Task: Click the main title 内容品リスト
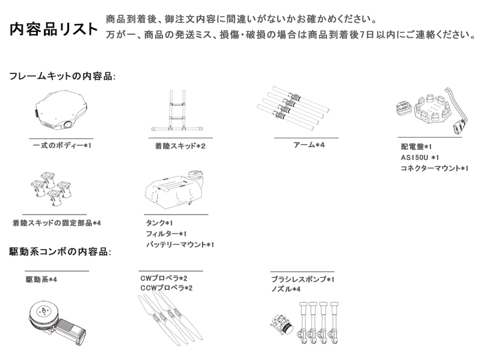tap(54, 29)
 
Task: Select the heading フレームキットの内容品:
tap(63, 76)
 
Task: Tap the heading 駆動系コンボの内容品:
tap(60, 252)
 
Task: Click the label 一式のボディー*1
tap(63, 145)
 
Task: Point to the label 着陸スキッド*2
tap(180, 146)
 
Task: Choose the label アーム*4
tap(308, 145)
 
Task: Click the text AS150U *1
tap(420, 157)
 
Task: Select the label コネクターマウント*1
tap(434, 168)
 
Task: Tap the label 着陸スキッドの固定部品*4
tap(57, 223)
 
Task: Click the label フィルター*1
tap(166, 234)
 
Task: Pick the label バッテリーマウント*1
tap(180, 245)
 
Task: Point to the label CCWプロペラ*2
tap(167, 288)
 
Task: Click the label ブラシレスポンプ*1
tap(302, 279)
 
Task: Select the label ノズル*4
tap(286, 289)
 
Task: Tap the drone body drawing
tap(61, 110)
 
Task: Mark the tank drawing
tap(175, 189)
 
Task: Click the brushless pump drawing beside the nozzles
tap(281, 325)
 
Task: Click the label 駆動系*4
tap(41, 279)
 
